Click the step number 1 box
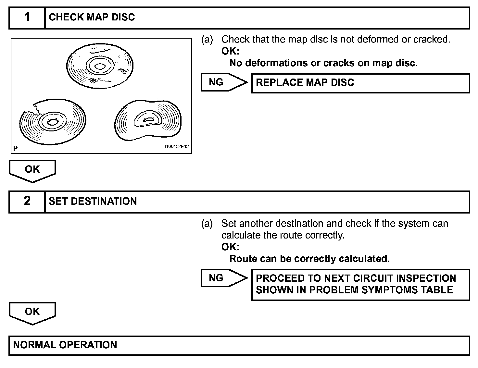27,18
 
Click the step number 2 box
27,202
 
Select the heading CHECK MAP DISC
92,18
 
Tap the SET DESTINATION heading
93,202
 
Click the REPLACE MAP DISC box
360,83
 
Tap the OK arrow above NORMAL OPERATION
32,313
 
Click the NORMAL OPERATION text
65,345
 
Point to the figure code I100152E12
176,147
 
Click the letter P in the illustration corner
15,149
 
